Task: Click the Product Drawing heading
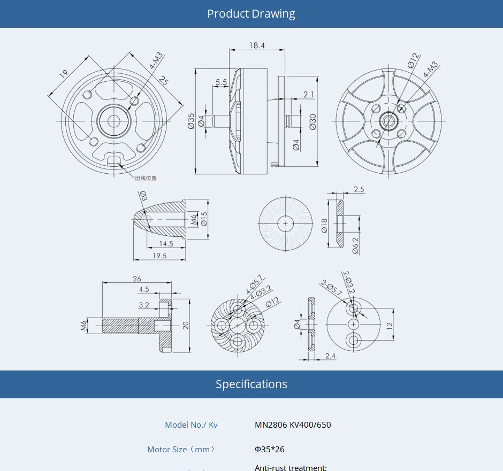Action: (x=251, y=14)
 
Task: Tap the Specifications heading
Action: (x=251, y=384)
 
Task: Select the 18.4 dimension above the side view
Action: (x=257, y=45)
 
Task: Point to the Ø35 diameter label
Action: (x=191, y=121)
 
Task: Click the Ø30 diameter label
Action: (x=313, y=122)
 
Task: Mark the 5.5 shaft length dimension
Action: (x=221, y=82)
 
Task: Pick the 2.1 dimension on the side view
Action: (x=309, y=95)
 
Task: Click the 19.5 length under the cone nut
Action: (x=159, y=256)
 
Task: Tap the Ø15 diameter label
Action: (x=204, y=219)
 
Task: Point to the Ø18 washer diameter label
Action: (x=324, y=225)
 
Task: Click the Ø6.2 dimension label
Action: (x=355, y=245)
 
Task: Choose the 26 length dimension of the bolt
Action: (x=137, y=279)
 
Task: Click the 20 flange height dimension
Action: (x=186, y=325)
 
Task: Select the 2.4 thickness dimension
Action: (x=330, y=356)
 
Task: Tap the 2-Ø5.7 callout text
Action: (x=331, y=288)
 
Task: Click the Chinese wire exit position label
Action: (x=146, y=178)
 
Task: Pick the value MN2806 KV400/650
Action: (x=293, y=425)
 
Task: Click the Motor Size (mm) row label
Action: (x=182, y=450)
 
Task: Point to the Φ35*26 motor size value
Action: (x=270, y=450)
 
